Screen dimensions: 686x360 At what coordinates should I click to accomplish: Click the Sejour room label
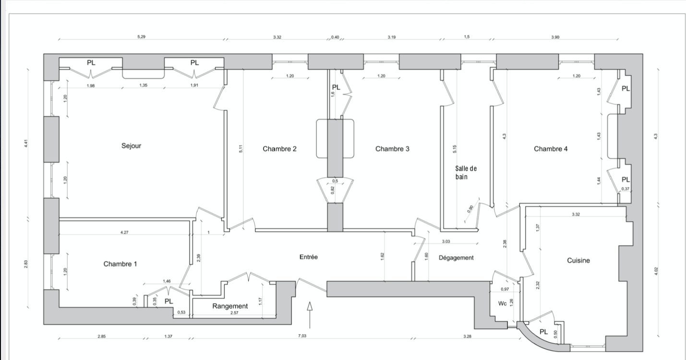(x=131, y=146)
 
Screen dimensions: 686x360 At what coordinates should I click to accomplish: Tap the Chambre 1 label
(x=120, y=264)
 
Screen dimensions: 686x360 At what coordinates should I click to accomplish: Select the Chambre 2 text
(x=279, y=149)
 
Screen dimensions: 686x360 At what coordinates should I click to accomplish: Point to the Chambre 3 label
(x=392, y=149)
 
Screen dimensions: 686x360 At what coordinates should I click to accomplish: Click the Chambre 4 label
(x=551, y=149)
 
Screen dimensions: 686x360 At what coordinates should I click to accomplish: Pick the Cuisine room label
(x=578, y=261)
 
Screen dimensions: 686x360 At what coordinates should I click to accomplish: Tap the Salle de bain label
(x=466, y=173)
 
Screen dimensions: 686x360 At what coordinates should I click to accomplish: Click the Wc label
(x=502, y=303)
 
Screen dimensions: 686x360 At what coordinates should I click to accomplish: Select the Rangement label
(x=230, y=306)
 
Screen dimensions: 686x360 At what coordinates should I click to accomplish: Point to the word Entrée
(x=308, y=257)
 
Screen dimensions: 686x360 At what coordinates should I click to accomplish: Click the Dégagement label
(x=456, y=258)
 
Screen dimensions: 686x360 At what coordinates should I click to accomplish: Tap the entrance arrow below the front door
(x=310, y=315)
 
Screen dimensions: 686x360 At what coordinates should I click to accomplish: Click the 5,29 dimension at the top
(x=141, y=37)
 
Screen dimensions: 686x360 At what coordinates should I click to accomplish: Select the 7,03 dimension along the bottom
(x=302, y=336)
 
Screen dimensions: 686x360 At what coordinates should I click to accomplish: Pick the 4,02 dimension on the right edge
(x=656, y=271)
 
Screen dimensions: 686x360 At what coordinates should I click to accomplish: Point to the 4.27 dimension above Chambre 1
(x=124, y=232)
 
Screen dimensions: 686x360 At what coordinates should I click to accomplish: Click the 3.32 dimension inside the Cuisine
(x=576, y=214)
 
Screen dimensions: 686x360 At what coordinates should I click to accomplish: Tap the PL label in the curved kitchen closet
(x=543, y=332)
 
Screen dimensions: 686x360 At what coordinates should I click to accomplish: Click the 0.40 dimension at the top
(x=335, y=37)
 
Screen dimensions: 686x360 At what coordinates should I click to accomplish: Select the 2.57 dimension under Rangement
(x=234, y=312)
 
